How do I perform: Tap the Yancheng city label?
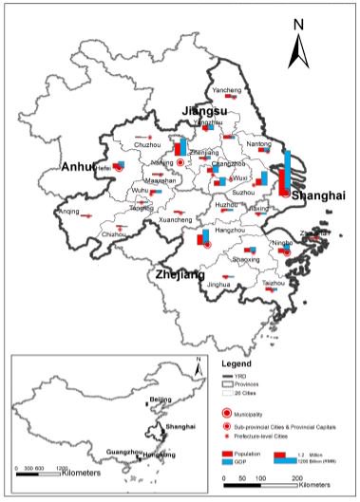coord(226,90)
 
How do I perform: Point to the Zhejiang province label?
coord(174,274)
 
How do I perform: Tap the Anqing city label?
coord(68,212)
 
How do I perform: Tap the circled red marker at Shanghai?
coord(282,192)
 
